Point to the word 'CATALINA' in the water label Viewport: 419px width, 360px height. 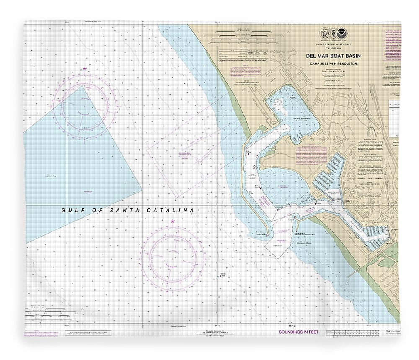coord(173,210)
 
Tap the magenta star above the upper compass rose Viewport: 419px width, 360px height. coord(85,69)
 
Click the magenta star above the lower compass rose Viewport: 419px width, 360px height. coord(173,221)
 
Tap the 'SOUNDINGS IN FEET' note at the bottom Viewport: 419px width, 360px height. coord(299,332)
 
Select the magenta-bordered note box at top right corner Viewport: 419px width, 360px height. coord(391,46)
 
